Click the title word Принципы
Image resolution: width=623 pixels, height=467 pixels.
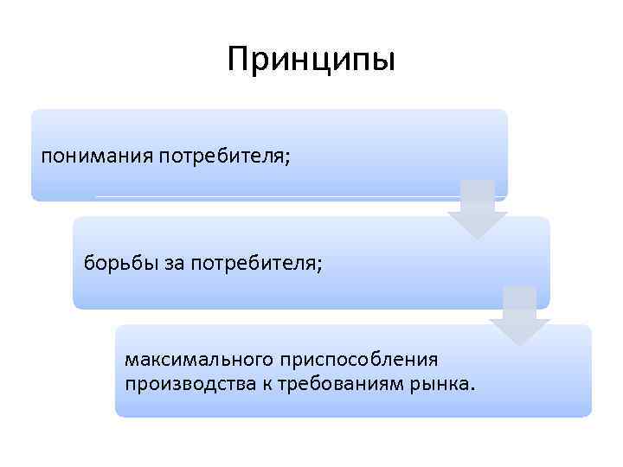[311, 60]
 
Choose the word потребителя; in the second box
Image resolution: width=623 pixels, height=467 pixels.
[254, 263]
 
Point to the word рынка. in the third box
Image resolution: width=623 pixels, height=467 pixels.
[446, 382]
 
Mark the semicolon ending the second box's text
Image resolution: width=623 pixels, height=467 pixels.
[319, 265]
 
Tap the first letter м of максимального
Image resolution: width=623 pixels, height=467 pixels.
[132, 359]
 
